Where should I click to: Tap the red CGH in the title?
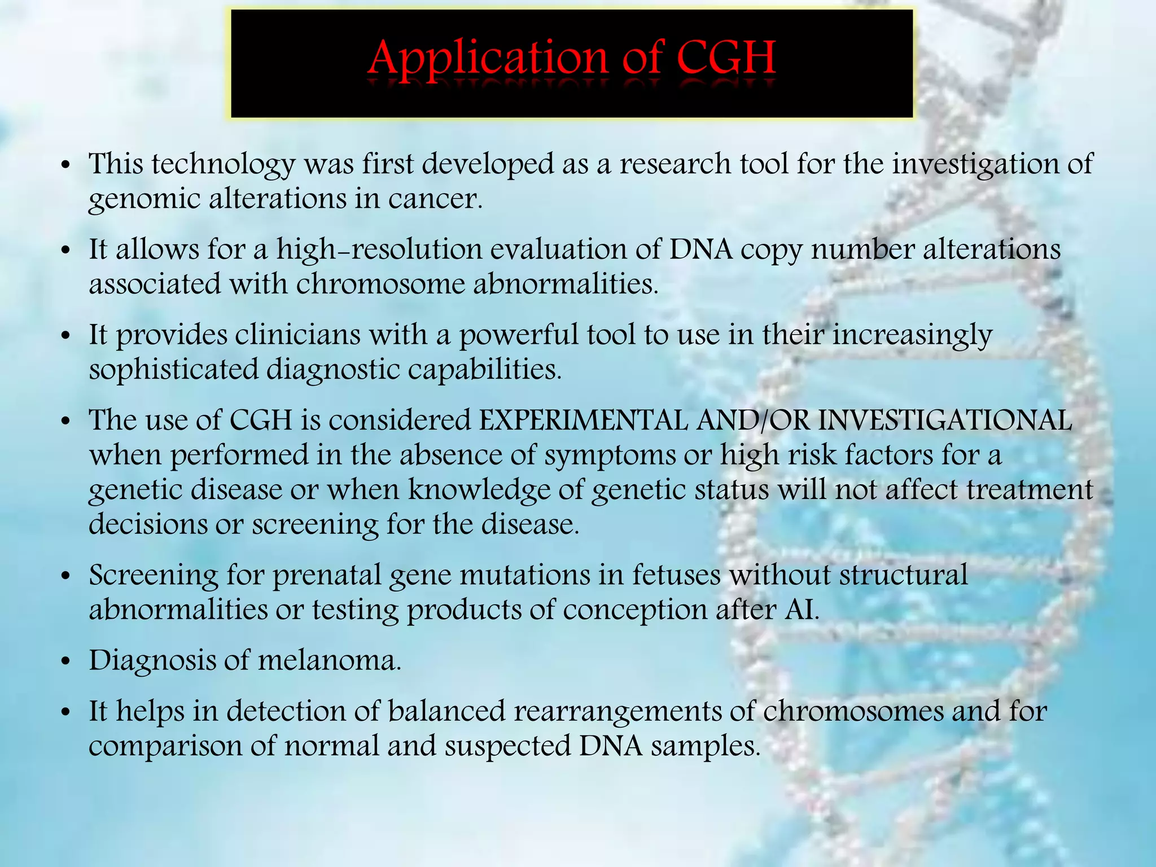[726, 58]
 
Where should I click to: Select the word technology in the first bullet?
[224, 165]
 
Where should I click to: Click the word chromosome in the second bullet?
[380, 284]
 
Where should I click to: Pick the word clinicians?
[297, 335]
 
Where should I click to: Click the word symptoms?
[610, 456]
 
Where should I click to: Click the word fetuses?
[676, 576]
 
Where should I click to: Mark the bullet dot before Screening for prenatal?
[67, 576]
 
